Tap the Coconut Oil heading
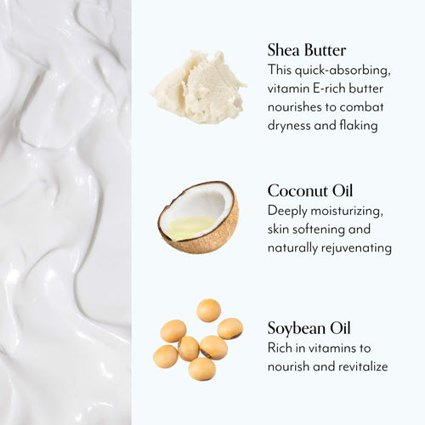pos(310,190)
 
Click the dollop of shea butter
pos(198,87)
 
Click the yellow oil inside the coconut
pos(189,226)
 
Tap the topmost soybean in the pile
pos(208,310)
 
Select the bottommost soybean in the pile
pos(201,369)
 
